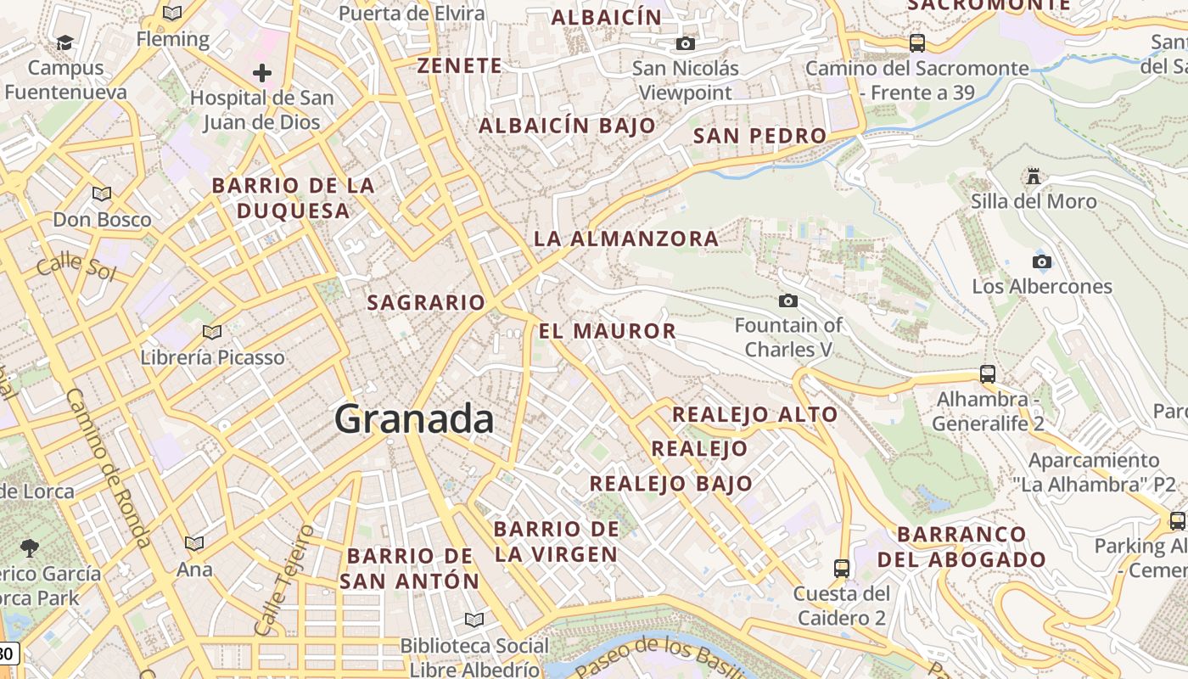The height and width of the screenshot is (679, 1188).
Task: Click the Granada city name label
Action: click(414, 419)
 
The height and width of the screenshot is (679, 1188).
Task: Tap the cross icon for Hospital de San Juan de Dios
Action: click(262, 73)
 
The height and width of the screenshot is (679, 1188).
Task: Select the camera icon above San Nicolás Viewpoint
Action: click(686, 43)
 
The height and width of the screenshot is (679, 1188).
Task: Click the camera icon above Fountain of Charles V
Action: click(788, 300)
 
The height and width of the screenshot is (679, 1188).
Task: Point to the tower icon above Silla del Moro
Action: click(1034, 177)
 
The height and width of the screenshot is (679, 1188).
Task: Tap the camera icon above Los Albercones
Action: click(1041, 261)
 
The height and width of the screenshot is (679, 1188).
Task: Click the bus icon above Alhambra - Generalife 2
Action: click(988, 373)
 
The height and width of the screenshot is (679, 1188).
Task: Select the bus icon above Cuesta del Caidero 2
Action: click(842, 568)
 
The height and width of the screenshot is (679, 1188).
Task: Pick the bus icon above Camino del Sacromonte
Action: click(916, 42)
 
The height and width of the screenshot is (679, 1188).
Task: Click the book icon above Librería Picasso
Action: click(212, 332)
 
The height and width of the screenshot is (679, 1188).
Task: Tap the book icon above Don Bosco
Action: click(102, 194)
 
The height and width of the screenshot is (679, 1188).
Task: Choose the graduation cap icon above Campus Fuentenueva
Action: click(64, 42)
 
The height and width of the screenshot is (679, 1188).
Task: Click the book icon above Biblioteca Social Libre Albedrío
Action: click(474, 620)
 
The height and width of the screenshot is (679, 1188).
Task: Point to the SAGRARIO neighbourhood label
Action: click(426, 302)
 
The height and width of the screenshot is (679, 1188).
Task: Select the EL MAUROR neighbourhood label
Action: click(608, 331)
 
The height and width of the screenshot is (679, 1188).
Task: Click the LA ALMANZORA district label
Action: click(626, 238)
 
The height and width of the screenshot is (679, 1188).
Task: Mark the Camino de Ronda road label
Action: click(108, 467)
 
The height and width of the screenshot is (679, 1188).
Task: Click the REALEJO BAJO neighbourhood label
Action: click(671, 484)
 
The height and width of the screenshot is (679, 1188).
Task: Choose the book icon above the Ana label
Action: click(194, 543)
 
